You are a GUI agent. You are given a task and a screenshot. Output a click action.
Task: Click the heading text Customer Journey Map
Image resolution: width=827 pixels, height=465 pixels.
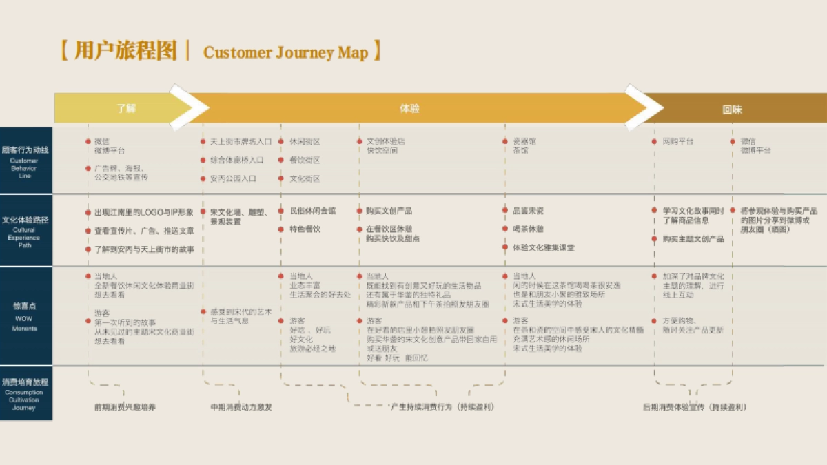tap(286, 53)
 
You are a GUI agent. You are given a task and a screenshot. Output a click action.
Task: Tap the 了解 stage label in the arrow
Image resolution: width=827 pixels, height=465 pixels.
tap(126, 109)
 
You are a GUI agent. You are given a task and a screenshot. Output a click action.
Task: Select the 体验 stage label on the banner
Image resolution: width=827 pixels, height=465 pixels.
tap(409, 109)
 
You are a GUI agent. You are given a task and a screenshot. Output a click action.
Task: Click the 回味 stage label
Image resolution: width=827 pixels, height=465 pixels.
tap(732, 110)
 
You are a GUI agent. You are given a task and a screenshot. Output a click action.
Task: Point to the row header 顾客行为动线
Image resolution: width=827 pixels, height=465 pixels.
tap(25, 149)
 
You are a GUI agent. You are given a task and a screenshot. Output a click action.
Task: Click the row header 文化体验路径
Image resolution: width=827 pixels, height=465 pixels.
tap(25, 220)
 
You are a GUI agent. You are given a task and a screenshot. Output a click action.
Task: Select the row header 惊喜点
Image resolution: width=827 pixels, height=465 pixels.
tap(25, 305)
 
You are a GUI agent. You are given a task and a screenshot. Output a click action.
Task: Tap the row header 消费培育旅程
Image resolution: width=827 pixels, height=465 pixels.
tap(25, 382)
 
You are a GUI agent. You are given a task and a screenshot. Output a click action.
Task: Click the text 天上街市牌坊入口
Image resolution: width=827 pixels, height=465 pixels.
tap(241, 142)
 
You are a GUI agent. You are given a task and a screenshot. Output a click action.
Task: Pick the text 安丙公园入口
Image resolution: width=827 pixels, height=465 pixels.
tap(233, 178)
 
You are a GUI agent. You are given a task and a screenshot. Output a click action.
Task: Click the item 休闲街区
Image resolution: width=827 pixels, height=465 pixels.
tap(305, 142)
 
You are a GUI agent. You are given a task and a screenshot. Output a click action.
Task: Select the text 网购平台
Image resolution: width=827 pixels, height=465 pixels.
tap(678, 142)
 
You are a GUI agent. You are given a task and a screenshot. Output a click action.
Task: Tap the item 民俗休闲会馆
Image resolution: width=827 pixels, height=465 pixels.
tap(313, 211)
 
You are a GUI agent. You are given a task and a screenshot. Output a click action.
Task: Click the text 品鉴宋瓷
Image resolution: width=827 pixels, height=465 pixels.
tap(528, 211)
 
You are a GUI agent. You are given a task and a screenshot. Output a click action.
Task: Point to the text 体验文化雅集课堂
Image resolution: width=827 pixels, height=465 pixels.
tap(543, 247)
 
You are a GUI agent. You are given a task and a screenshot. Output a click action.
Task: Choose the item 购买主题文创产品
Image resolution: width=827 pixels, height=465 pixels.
tap(693, 239)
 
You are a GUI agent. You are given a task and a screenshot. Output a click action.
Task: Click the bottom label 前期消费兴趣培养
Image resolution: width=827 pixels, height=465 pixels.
tap(125, 407)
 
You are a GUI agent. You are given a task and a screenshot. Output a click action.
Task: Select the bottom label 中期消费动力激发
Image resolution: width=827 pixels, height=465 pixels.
tap(241, 407)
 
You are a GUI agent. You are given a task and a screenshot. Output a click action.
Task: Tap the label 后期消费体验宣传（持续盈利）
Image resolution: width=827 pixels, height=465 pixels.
tap(694, 407)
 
